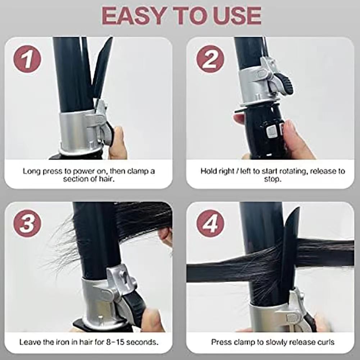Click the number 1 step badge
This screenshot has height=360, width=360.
tap(27, 59)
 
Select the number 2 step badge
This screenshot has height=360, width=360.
tap(210, 59)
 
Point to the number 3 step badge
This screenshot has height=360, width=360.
tap(27, 224)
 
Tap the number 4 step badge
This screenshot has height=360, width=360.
tap(210, 224)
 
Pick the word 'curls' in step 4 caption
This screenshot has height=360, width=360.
tap(326, 342)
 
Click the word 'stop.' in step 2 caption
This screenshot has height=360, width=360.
tap(273, 179)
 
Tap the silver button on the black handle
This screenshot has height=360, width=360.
tap(272, 131)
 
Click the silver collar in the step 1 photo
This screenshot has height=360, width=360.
tap(78, 133)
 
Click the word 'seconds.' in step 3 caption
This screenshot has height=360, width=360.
tap(142, 342)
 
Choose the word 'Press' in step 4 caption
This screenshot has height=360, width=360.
tap(221, 342)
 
